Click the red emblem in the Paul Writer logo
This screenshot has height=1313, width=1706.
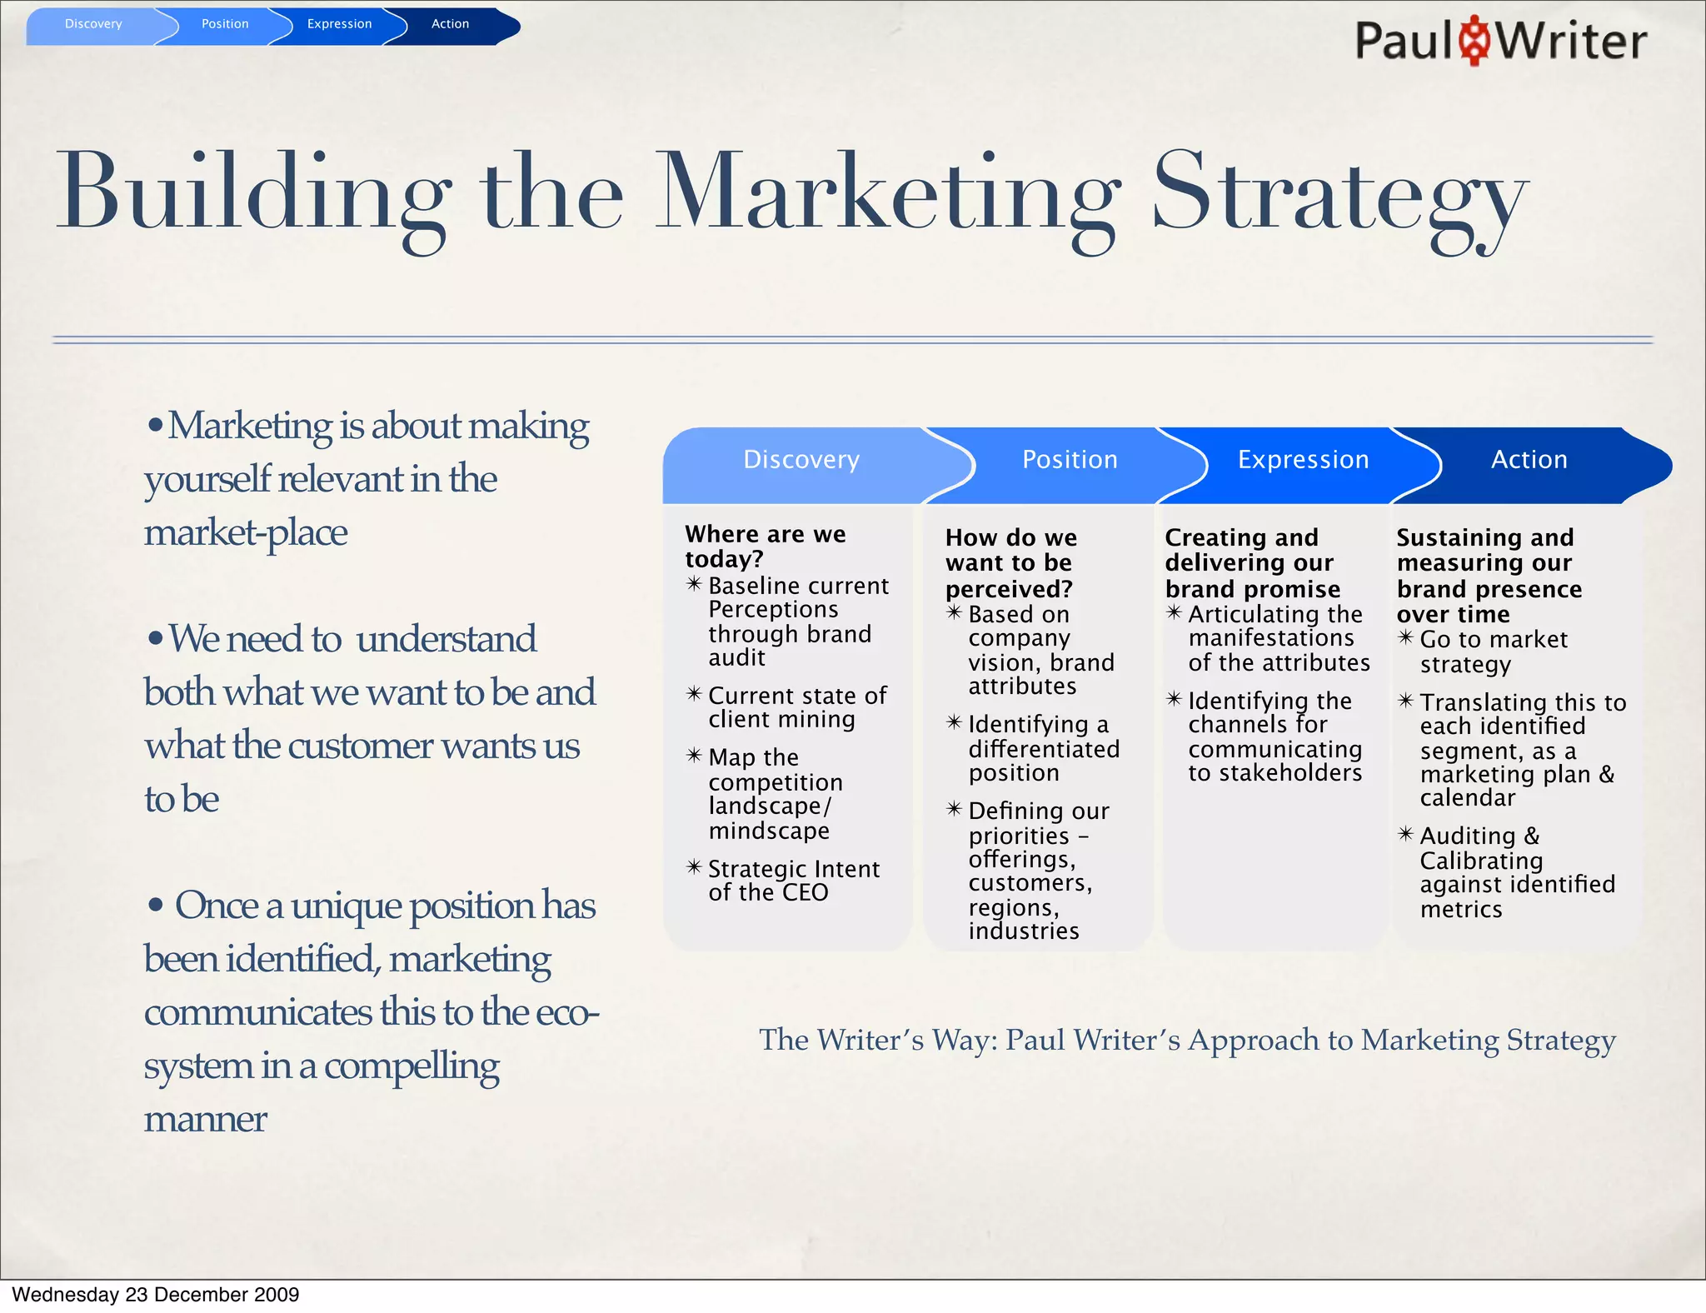(1475, 40)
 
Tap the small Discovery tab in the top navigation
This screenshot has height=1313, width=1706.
(93, 24)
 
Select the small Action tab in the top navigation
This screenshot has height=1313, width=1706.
(450, 24)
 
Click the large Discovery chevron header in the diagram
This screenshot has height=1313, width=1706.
(801, 460)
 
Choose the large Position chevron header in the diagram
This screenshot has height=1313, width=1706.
(1070, 460)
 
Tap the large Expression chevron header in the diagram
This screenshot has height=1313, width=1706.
(1303, 460)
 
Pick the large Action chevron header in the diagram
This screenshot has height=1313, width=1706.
(1529, 460)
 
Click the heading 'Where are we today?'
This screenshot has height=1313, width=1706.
(765, 546)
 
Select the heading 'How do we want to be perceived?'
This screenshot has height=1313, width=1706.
(1010, 563)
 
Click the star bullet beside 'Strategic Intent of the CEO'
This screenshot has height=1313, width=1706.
(694, 867)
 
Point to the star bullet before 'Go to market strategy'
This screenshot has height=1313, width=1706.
(1405, 638)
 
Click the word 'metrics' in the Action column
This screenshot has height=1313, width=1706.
(1461, 909)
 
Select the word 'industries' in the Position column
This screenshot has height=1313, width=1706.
(1024, 931)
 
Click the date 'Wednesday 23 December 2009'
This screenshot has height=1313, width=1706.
(155, 1295)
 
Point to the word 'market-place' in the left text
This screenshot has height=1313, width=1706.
(246, 533)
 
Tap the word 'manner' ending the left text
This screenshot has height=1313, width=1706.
(205, 1120)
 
